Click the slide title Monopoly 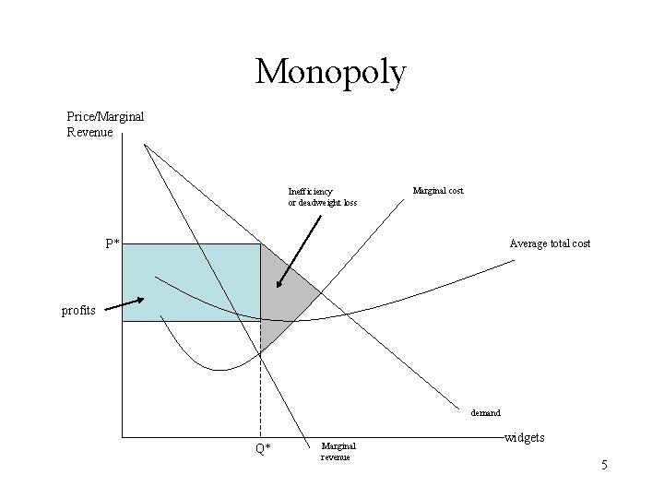click(330, 72)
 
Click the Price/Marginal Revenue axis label click(105, 125)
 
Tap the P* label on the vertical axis click(112, 244)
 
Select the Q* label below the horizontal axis click(263, 449)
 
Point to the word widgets click(526, 437)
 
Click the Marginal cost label click(438, 191)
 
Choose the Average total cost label click(550, 243)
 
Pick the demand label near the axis click(485, 413)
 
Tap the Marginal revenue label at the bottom click(338, 451)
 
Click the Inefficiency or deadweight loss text click(322, 197)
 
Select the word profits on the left click(78, 311)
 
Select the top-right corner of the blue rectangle click(260, 243)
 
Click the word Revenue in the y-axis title click(90, 132)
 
